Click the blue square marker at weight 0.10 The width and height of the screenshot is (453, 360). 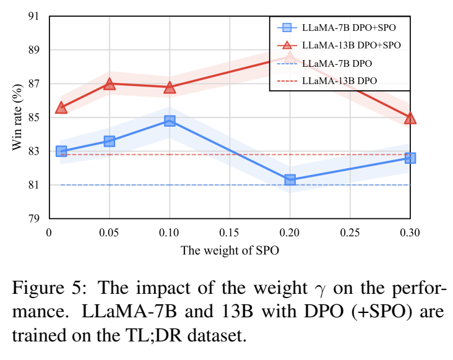pos(170,121)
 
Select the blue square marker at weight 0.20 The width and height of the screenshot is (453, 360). pos(290,180)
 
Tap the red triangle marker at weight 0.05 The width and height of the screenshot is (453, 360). pos(110,84)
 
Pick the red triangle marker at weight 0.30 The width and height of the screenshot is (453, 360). pos(410,118)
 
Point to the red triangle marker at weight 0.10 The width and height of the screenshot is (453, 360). pos(170,88)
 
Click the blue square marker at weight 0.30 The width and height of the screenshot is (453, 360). pos(410,158)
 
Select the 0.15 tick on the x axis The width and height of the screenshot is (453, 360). pos(230,232)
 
